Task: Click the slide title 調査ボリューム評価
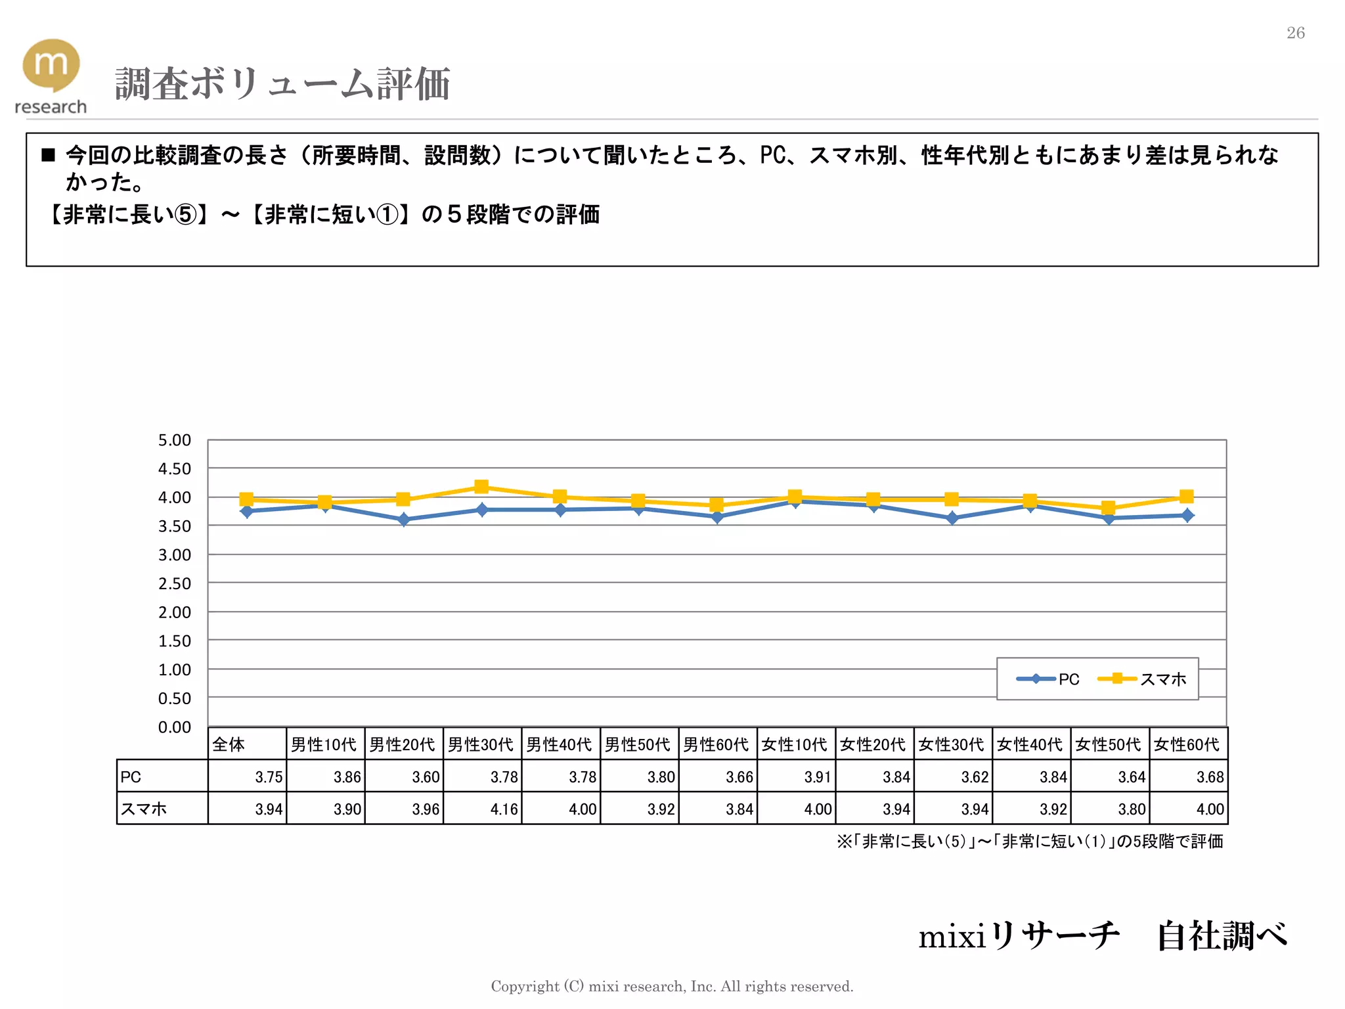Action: [282, 84]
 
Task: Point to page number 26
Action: [1295, 33]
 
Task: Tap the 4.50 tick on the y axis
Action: [174, 469]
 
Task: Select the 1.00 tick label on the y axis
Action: [174, 670]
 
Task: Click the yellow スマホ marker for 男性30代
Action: [481, 487]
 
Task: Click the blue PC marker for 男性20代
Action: [403, 520]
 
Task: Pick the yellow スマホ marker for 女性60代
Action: [1186, 497]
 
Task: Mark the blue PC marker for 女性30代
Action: [952, 518]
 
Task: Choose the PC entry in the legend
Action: [1048, 679]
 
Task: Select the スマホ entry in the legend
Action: [1143, 679]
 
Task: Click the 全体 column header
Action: [229, 744]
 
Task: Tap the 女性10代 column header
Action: [795, 744]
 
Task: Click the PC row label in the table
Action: [131, 777]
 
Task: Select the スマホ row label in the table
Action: [143, 809]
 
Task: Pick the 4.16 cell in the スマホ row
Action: [504, 809]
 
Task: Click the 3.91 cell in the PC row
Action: [818, 777]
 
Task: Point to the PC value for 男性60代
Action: [739, 777]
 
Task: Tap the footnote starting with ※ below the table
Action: [1029, 841]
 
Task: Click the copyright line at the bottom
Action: [672, 986]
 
